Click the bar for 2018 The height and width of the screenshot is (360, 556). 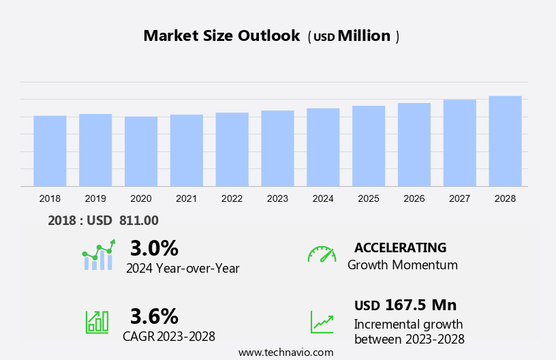click(x=50, y=151)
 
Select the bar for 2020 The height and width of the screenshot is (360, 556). click(x=141, y=151)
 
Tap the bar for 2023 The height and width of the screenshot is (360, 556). click(x=277, y=148)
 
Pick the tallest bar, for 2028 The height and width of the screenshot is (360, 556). click(x=505, y=141)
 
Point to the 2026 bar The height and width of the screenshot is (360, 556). click(x=414, y=145)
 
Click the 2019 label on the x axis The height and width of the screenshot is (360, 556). click(x=95, y=198)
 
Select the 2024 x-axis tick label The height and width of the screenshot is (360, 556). click(x=323, y=198)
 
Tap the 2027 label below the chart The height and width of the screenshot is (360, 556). click(x=460, y=198)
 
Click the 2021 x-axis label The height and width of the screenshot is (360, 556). click(x=186, y=198)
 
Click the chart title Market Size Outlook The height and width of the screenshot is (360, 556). click(x=221, y=36)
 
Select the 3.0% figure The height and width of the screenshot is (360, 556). click(x=154, y=247)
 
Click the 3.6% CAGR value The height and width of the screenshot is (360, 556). click(x=154, y=316)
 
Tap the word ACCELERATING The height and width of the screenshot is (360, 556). click(x=400, y=247)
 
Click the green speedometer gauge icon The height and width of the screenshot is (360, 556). click(x=322, y=254)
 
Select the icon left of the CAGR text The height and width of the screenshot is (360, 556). click(x=97, y=321)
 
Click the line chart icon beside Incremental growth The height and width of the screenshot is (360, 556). click(x=322, y=321)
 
